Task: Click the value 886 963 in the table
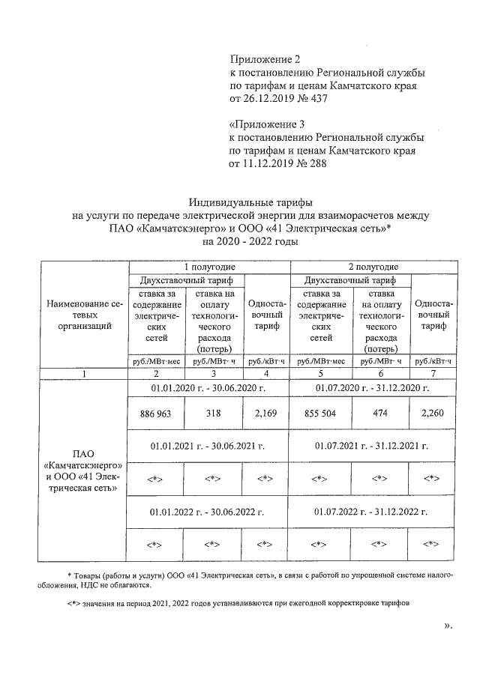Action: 154,414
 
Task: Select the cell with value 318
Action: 216,414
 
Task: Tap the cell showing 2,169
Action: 265,414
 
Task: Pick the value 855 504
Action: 320,414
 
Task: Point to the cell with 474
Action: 381,414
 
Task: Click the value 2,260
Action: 432,414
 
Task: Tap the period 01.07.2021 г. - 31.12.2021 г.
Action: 373,446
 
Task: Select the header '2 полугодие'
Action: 373,266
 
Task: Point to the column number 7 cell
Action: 432,372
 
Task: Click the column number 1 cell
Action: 84,372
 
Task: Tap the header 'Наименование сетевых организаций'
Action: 84,315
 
